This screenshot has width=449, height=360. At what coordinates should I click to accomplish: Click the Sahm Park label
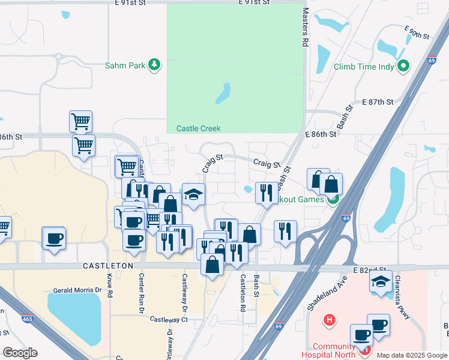125,65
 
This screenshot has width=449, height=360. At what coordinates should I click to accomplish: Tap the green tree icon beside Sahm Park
155,65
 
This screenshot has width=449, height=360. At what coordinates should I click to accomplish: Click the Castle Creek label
198,128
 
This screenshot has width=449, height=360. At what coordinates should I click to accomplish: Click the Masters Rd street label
305,28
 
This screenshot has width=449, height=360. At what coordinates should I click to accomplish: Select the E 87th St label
378,103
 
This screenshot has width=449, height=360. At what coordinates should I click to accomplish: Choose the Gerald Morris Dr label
77,290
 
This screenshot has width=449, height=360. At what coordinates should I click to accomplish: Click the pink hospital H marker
328,319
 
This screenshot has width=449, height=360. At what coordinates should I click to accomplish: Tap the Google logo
20,353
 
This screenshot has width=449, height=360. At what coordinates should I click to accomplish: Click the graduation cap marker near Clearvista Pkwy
381,281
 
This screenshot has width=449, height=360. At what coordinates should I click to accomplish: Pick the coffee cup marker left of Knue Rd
53,238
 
